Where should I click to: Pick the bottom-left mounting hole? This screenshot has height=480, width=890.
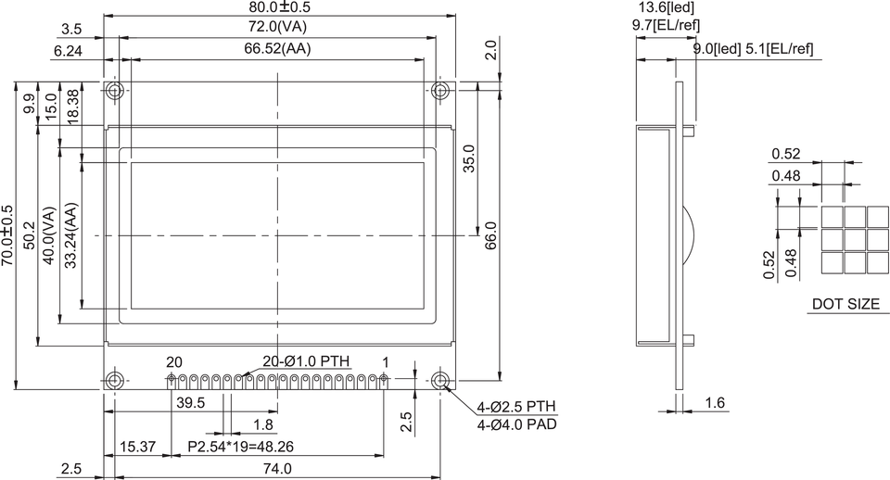point(115,381)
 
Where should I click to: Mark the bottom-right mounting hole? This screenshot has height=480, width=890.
point(440,381)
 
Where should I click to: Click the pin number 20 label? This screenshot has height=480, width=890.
point(174,361)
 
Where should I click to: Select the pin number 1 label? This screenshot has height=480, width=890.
point(386,361)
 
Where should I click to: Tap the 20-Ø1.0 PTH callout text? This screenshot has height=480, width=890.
point(307,361)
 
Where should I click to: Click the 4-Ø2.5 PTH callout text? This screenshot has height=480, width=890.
point(516,408)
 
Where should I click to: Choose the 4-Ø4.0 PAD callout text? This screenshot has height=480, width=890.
point(516,424)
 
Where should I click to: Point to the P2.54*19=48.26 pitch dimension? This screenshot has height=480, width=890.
point(240,447)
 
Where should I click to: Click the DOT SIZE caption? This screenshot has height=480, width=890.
point(845,304)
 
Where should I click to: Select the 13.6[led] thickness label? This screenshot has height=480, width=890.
point(666,7)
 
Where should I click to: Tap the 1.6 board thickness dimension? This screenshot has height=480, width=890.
point(714,402)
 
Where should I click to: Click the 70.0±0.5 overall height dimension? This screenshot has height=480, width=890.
point(8,236)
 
